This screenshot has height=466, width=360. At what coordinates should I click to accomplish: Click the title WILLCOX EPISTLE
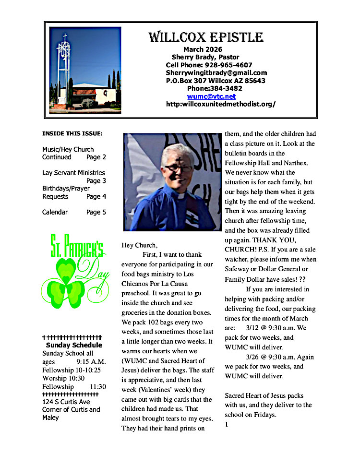[x=205, y=37]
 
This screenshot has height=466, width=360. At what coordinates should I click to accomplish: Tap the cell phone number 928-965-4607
[x=228, y=65]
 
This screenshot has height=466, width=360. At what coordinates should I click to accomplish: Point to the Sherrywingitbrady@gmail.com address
[x=216, y=72]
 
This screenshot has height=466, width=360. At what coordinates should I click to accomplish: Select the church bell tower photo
[x=85, y=70]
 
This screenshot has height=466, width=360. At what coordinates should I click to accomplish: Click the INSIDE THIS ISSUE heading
[x=72, y=133]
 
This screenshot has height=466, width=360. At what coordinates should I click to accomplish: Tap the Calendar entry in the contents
[x=55, y=212]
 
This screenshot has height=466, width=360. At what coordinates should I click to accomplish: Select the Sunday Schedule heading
[x=74, y=345]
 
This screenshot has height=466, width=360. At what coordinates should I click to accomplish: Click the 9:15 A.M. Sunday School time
[x=91, y=361]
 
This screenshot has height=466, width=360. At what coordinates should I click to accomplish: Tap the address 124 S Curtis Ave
[x=66, y=402]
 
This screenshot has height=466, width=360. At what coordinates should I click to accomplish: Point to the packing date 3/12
[x=252, y=328]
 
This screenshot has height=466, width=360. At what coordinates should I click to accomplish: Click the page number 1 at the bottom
[x=227, y=424]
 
